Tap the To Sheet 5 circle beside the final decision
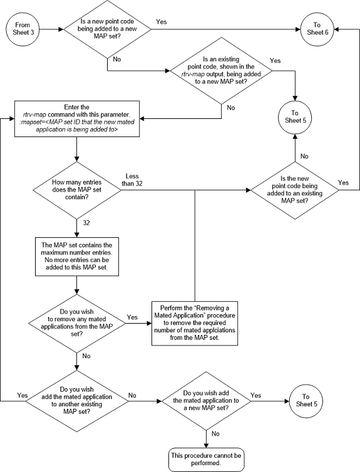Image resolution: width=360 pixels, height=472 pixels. (x=306, y=400)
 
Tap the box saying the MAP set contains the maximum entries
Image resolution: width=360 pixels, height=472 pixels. (x=76, y=254)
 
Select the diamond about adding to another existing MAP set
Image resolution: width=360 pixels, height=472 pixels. (x=76, y=400)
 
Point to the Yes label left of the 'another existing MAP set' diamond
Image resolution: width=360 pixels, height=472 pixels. (x=23, y=395)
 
